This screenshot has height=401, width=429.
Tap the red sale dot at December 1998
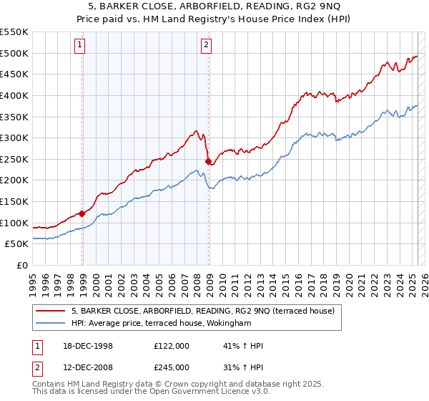click(82, 213)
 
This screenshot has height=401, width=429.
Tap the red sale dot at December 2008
click(208, 161)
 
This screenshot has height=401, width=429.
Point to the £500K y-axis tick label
click(14, 53)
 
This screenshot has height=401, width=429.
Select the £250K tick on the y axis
click(14, 159)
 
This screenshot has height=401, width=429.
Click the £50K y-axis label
click(17, 244)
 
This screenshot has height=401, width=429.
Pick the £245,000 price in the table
click(172, 367)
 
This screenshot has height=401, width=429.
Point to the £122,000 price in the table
click(172, 345)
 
